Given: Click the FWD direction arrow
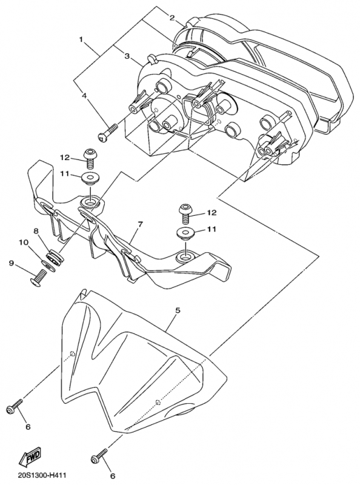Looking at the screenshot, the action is [29, 458].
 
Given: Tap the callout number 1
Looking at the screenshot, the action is [81, 39].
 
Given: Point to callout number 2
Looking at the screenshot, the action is [172, 17].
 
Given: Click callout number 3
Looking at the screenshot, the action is [127, 56].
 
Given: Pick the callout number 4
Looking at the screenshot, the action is [84, 96].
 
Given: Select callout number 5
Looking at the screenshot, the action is [178, 310].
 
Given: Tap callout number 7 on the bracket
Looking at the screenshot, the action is [140, 224].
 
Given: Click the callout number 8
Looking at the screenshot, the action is [36, 230].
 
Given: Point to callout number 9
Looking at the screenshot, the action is [12, 263].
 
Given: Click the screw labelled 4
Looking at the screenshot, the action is [108, 132].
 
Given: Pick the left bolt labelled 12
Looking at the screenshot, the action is [90, 158].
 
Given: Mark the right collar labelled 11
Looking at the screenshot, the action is [185, 233].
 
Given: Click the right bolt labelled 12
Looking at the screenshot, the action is [185, 214].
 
